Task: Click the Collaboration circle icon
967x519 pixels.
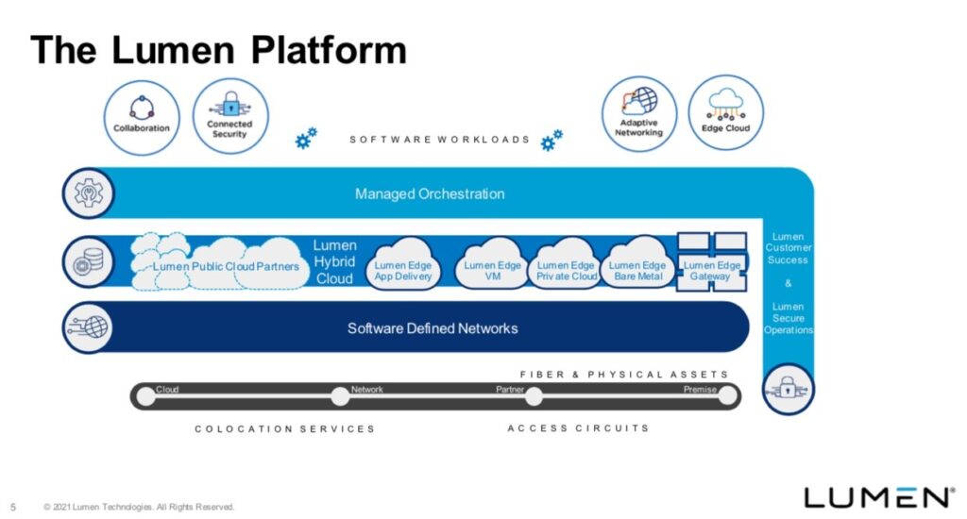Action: pyautogui.click(x=142, y=116)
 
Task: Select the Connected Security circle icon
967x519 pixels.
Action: pyautogui.click(x=229, y=116)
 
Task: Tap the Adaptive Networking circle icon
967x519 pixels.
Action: pyautogui.click(x=639, y=114)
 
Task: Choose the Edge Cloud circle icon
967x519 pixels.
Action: pyautogui.click(x=725, y=114)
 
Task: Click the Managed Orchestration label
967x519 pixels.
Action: pyautogui.click(x=430, y=194)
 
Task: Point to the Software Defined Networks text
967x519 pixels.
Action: pyautogui.click(x=433, y=328)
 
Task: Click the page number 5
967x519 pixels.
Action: pyautogui.click(x=13, y=507)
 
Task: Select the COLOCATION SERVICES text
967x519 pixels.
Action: pyautogui.click(x=284, y=428)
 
